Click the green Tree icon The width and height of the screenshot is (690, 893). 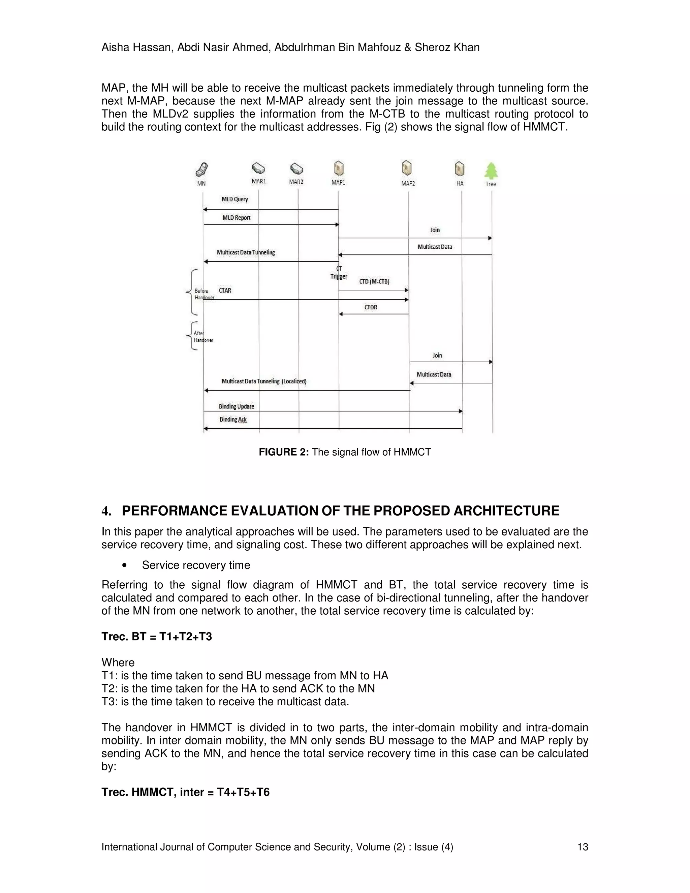coord(491,171)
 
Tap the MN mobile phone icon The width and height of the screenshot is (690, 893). coord(202,169)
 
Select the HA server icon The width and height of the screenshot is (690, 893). coord(460,168)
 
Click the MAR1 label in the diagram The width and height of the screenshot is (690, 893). coord(259,181)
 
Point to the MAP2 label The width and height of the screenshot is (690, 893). coord(408,183)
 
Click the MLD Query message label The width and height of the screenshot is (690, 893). coord(234,199)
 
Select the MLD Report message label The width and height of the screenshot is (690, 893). coord(236,218)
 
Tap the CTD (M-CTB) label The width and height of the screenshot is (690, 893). coord(374,281)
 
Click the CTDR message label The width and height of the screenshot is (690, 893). coord(371,307)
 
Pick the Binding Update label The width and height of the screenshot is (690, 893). coord(236,406)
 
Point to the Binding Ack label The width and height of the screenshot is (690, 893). coord(233,419)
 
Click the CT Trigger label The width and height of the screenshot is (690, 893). coord(339,273)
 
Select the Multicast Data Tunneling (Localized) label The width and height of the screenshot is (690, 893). coord(264,381)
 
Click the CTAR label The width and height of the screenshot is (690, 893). coord(225,290)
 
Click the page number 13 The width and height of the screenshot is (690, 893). coord(583,847)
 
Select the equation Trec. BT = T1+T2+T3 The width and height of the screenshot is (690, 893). coord(157,637)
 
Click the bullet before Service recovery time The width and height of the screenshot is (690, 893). coord(124,565)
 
